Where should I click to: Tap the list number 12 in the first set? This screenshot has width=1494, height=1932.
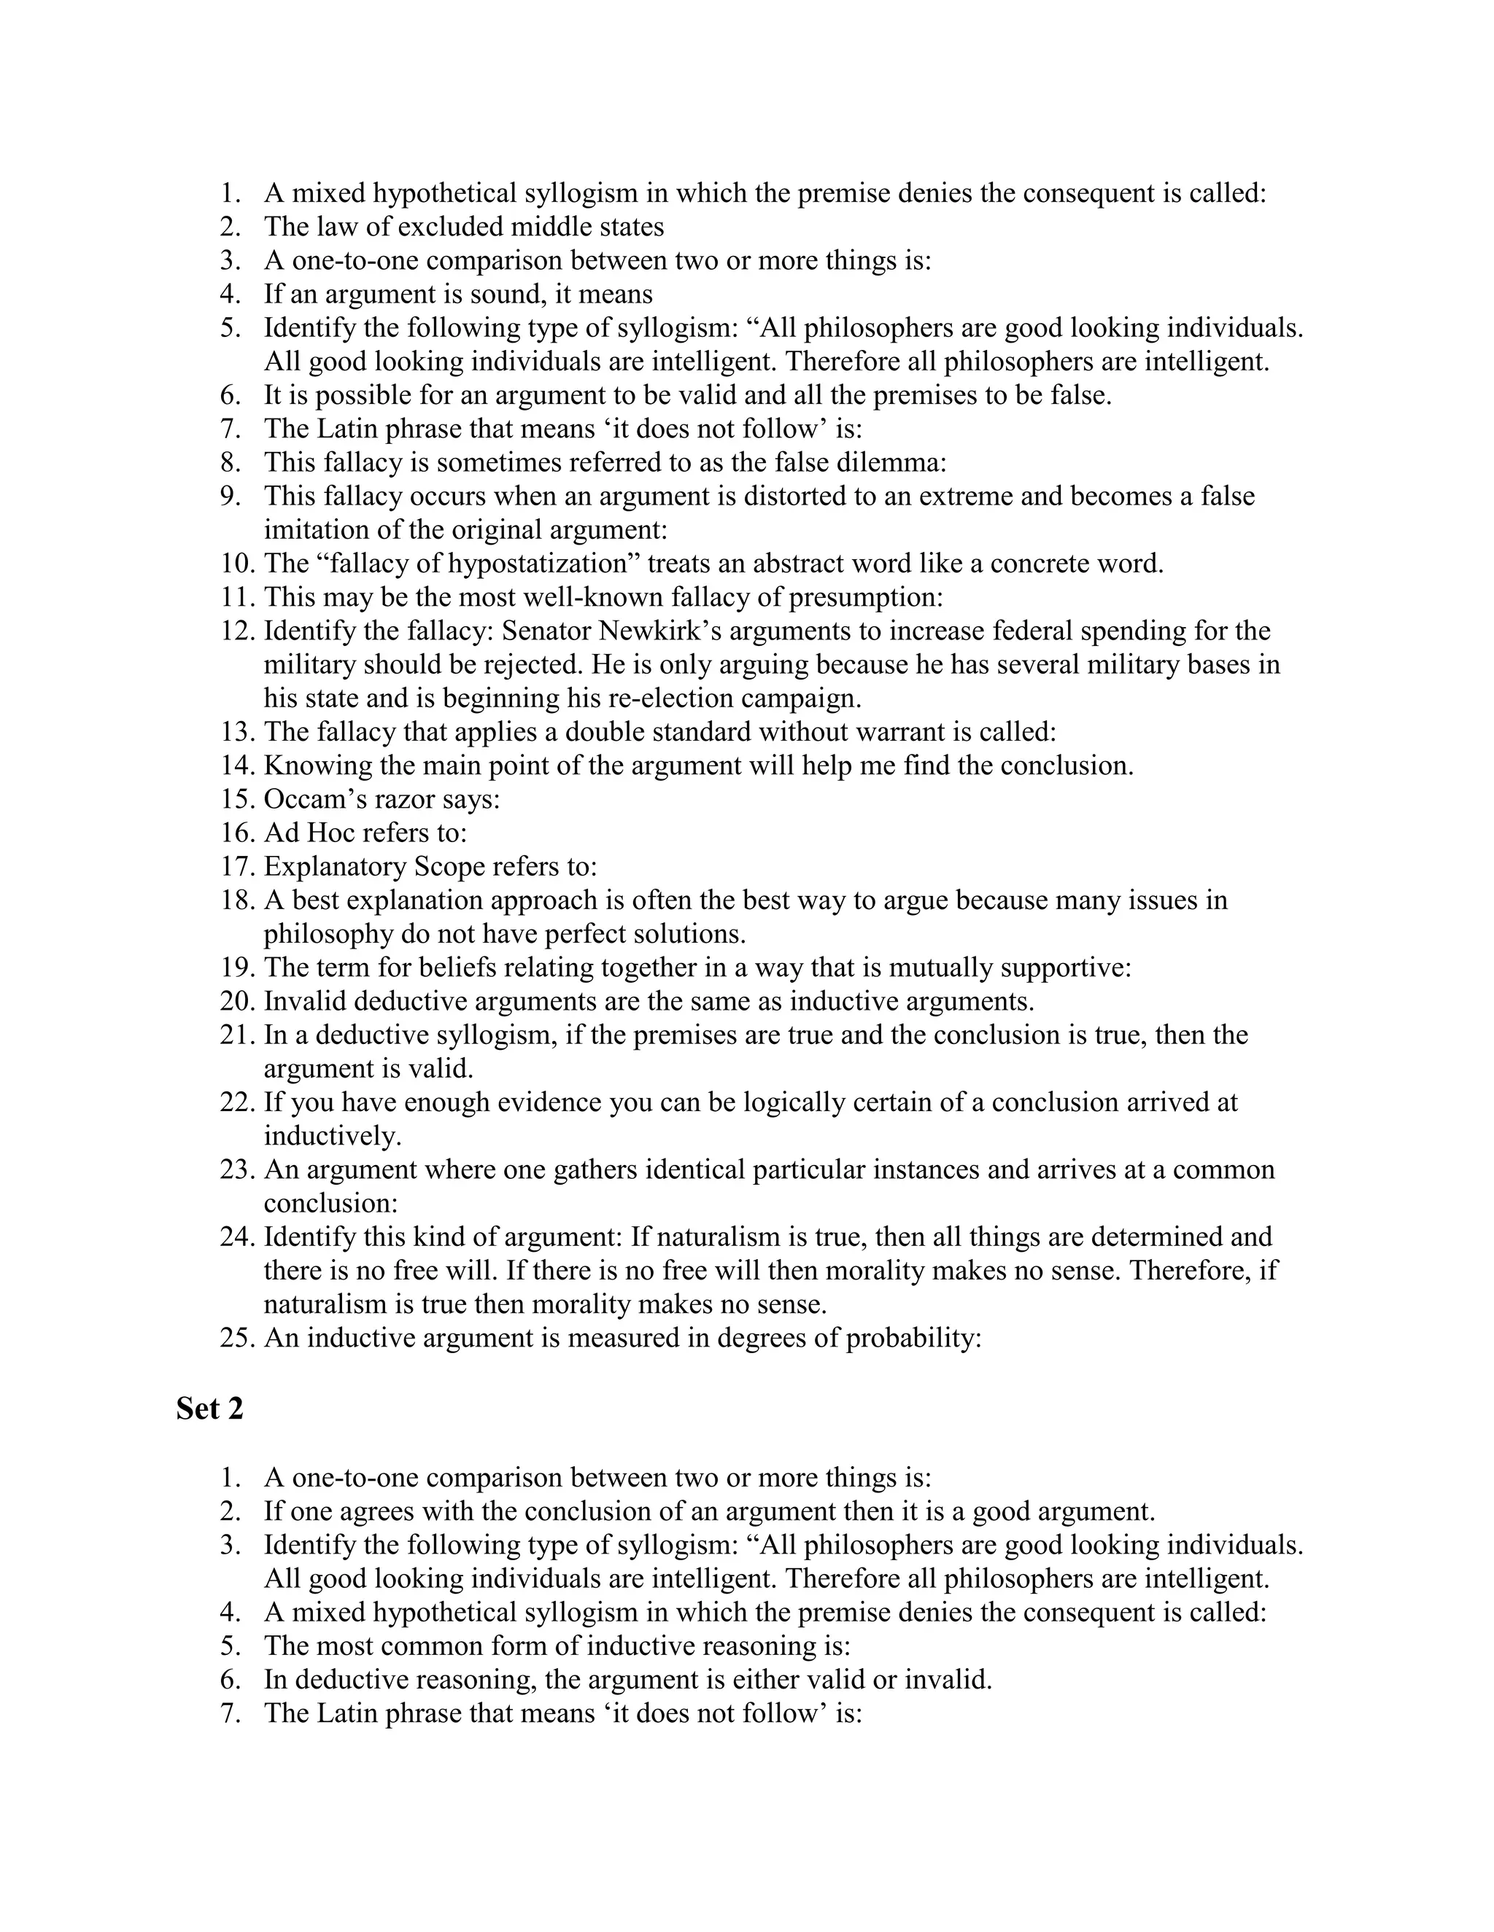[x=236, y=631]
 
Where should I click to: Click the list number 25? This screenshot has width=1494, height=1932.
[x=236, y=1338]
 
